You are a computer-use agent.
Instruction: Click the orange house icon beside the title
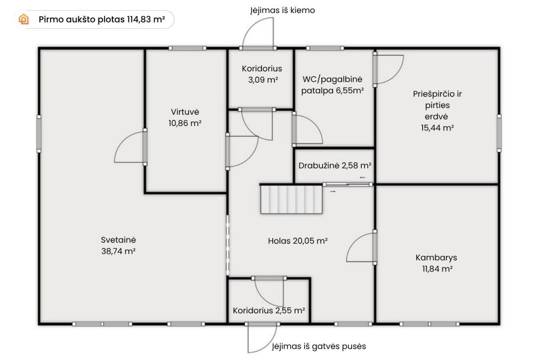pos(24,19)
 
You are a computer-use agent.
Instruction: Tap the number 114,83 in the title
pos(139,19)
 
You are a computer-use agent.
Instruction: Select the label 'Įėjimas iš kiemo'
pos(282,10)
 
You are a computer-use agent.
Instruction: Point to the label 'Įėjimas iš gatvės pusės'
pos(319,346)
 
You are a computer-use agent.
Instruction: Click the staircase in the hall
pos(291,199)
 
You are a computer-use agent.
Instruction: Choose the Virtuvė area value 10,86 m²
pos(185,123)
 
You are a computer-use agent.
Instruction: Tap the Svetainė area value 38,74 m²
pos(118,251)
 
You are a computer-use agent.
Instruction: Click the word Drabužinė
pos(319,166)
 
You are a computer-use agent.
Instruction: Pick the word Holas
pos(280,241)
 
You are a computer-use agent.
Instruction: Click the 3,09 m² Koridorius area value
pos(263,80)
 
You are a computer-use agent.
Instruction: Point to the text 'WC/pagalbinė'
pos(332,79)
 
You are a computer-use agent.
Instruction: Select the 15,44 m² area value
pos(438,128)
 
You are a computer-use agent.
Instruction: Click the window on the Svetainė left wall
pos(39,134)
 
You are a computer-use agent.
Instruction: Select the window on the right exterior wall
pos(499,133)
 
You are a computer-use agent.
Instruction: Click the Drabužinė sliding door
pos(348,184)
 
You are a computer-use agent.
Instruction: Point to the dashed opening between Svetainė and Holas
pos(227,245)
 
